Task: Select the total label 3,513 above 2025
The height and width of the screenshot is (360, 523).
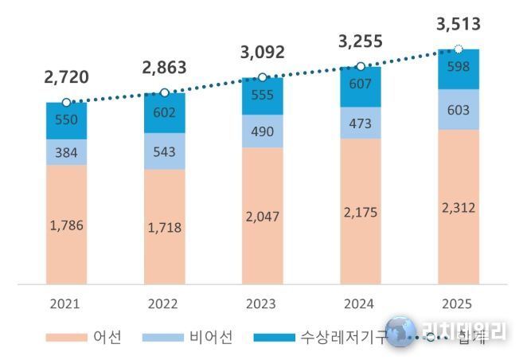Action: click(x=458, y=25)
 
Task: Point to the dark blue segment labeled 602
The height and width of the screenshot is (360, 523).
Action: click(x=164, y=113)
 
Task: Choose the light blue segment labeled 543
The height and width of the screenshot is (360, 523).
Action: click(x=164, y=151)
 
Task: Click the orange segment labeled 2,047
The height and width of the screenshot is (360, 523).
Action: click(x=262, y=215)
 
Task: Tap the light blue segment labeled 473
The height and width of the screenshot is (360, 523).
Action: click(x=360, y=123)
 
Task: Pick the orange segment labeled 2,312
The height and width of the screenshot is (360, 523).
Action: click(x=458, y=206)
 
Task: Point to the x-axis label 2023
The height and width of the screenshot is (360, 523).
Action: click(x=262, y=303)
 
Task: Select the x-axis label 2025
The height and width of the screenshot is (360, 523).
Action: click(x=458, y=303)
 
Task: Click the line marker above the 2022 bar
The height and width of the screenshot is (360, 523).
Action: click(x=164, y=93)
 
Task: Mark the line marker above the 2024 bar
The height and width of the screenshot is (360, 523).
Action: click(x=360, y=66)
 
